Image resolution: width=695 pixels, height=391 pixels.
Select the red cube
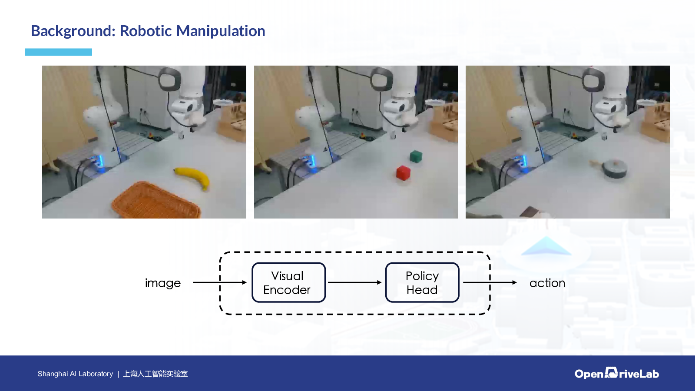(404, 173)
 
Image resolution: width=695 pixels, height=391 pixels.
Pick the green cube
(416, 156)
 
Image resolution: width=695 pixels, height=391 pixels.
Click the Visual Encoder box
(288, 282)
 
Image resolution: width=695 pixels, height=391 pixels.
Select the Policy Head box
(422, 282)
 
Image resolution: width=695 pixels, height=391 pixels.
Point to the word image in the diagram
(163, 283)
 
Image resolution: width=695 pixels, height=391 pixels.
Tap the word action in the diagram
(547, 283)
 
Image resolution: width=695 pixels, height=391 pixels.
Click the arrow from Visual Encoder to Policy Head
(354, 282)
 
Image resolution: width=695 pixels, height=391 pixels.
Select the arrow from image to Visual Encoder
(220, 282)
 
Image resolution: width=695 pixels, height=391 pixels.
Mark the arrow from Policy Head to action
(490, 282)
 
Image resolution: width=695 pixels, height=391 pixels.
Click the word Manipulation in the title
(221, 31)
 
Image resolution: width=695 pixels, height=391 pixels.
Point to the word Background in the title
(73, 31)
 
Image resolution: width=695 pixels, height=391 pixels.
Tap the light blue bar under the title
(58, 52)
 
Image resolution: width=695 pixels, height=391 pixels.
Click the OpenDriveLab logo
(616, 373)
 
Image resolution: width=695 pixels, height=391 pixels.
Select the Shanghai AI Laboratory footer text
(76, 374)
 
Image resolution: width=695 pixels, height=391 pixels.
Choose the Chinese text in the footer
(155, 374)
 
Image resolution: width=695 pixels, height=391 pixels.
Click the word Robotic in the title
(146, 31)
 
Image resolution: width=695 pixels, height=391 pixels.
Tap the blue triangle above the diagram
(546, 246)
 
